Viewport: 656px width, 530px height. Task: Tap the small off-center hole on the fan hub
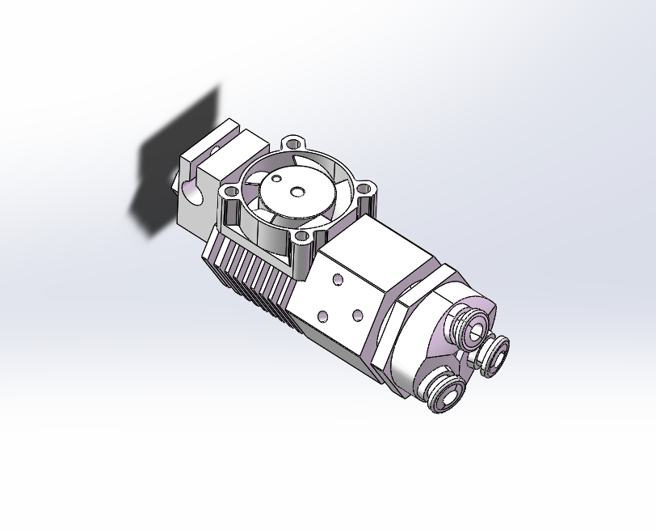pyautogui.click(x=277, y=178)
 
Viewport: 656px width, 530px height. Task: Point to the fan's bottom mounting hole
pyautogui.click(x=304, y=238)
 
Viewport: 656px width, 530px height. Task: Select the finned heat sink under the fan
pyautogui.click(x=250, y=271)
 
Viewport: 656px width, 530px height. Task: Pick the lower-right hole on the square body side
pyautogui.click(x=357, y=313)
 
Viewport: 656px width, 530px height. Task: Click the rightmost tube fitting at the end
pyautogui.click(x=494, y=352)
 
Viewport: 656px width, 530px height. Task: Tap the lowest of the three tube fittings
pyautogui.click(x=445, y=392)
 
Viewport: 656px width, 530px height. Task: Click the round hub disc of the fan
pyautogui.click(x=295, y=191)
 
